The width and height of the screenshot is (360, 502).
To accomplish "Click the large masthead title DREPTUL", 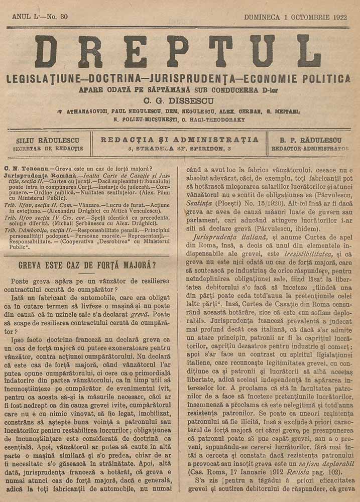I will (178, 52).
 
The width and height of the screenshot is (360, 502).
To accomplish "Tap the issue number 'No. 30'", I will (57, 17).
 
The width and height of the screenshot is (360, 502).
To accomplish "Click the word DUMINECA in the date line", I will (263, 17).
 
